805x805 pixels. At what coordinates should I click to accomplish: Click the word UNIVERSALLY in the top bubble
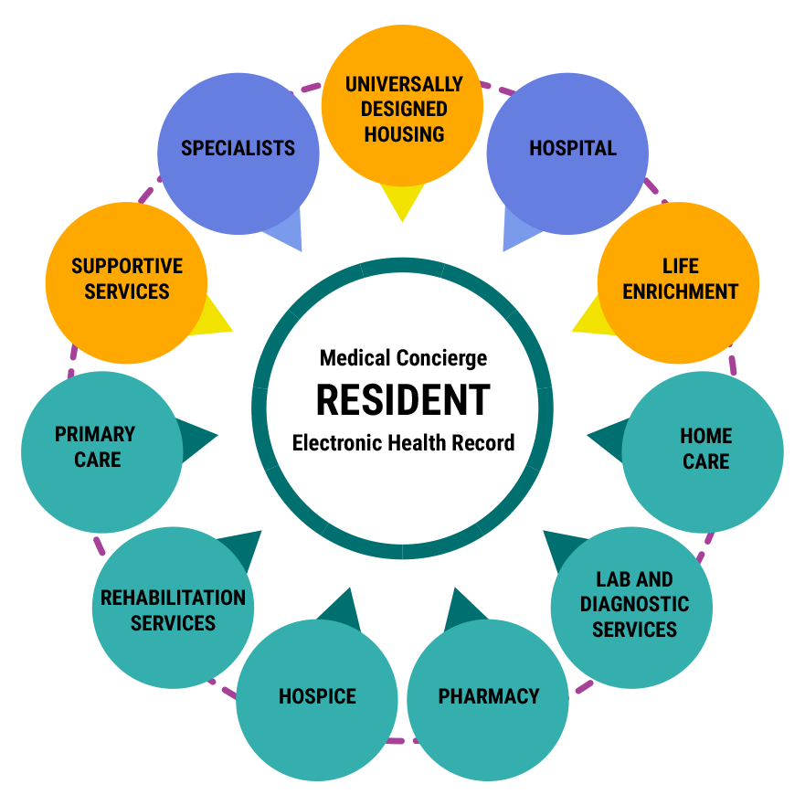coord(403,84)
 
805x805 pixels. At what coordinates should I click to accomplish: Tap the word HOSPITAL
coord(573,148)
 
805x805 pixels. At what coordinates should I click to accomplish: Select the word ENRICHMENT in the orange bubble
coord(681,291)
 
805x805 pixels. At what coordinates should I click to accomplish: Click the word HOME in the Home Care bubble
coord(706,436)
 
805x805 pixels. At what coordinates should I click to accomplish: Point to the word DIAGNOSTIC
coord(634,604)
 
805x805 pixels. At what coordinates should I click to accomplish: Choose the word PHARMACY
coord(489,696)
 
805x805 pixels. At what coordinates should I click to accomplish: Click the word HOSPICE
coord(317,696)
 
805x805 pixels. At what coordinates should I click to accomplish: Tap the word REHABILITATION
coord(173,598)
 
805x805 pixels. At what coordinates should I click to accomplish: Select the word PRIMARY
coord(95,434)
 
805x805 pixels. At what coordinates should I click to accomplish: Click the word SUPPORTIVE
coord(127,267)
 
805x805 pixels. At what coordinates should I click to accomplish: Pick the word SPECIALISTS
coord(238,148)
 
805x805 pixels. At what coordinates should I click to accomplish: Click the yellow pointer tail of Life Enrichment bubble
coord(590,319)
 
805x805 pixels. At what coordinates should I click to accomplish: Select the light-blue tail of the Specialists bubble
coord(289,232)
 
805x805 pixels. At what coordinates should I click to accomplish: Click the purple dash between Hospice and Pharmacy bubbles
coord(402,740)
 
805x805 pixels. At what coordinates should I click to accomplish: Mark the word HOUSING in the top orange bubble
coord(404,134)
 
